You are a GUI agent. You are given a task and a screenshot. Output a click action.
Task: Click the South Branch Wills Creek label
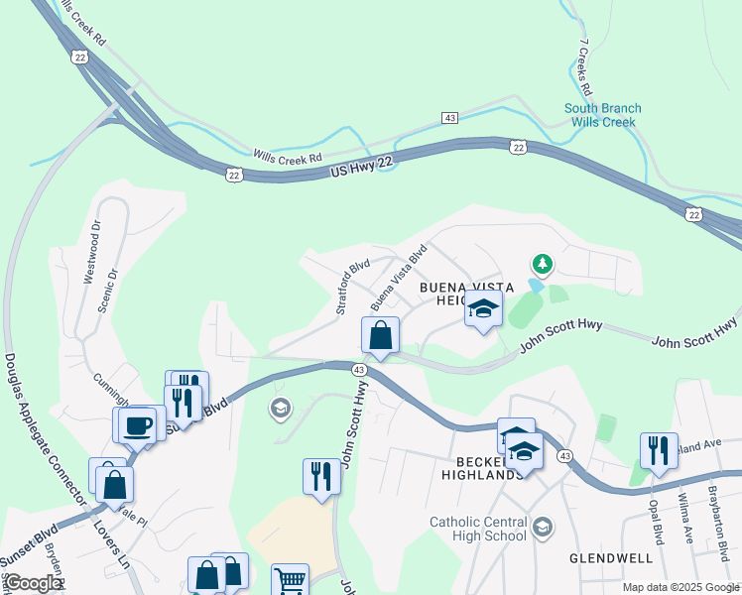(x=602, y=115)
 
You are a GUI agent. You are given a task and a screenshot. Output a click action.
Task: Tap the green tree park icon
(x=542, y=264)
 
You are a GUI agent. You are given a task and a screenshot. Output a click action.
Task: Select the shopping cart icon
(x=290, y=580)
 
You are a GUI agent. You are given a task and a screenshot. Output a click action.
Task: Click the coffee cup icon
(x=138, y=425)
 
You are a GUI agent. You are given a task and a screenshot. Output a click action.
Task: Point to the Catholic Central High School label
(x=478, y=529)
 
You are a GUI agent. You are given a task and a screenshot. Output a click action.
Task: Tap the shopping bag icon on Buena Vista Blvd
(x=381, y=335)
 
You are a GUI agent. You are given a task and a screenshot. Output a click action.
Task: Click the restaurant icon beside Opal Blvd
(x=659, y=449)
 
